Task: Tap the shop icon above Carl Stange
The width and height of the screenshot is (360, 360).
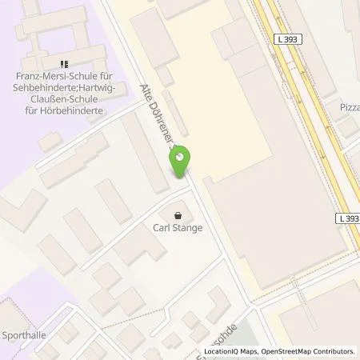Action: click(178, 214)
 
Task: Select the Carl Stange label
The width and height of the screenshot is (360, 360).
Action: click(178, 227)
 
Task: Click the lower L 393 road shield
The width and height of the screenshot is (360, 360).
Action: click(348, 218)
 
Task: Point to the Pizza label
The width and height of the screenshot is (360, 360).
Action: click(350, 106)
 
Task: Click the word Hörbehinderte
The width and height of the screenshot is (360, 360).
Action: click(76, 111)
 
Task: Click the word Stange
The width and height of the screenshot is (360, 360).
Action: click(186, 227)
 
